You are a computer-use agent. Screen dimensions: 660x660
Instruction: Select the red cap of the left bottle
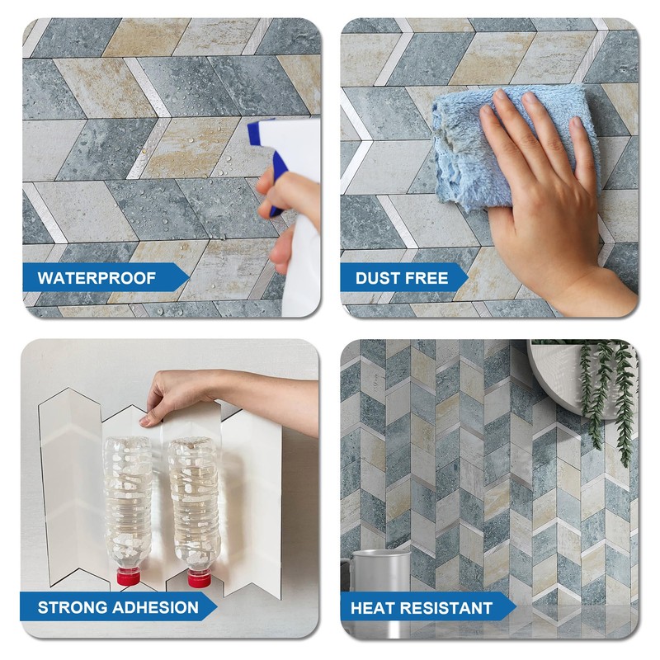[x=128, y=576]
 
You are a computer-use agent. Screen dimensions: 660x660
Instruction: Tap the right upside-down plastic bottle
[x=193, y=503]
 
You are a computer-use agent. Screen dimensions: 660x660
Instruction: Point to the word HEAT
[x=372, y=609]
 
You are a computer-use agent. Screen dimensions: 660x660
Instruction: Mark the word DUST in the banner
[x=378, y=278]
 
